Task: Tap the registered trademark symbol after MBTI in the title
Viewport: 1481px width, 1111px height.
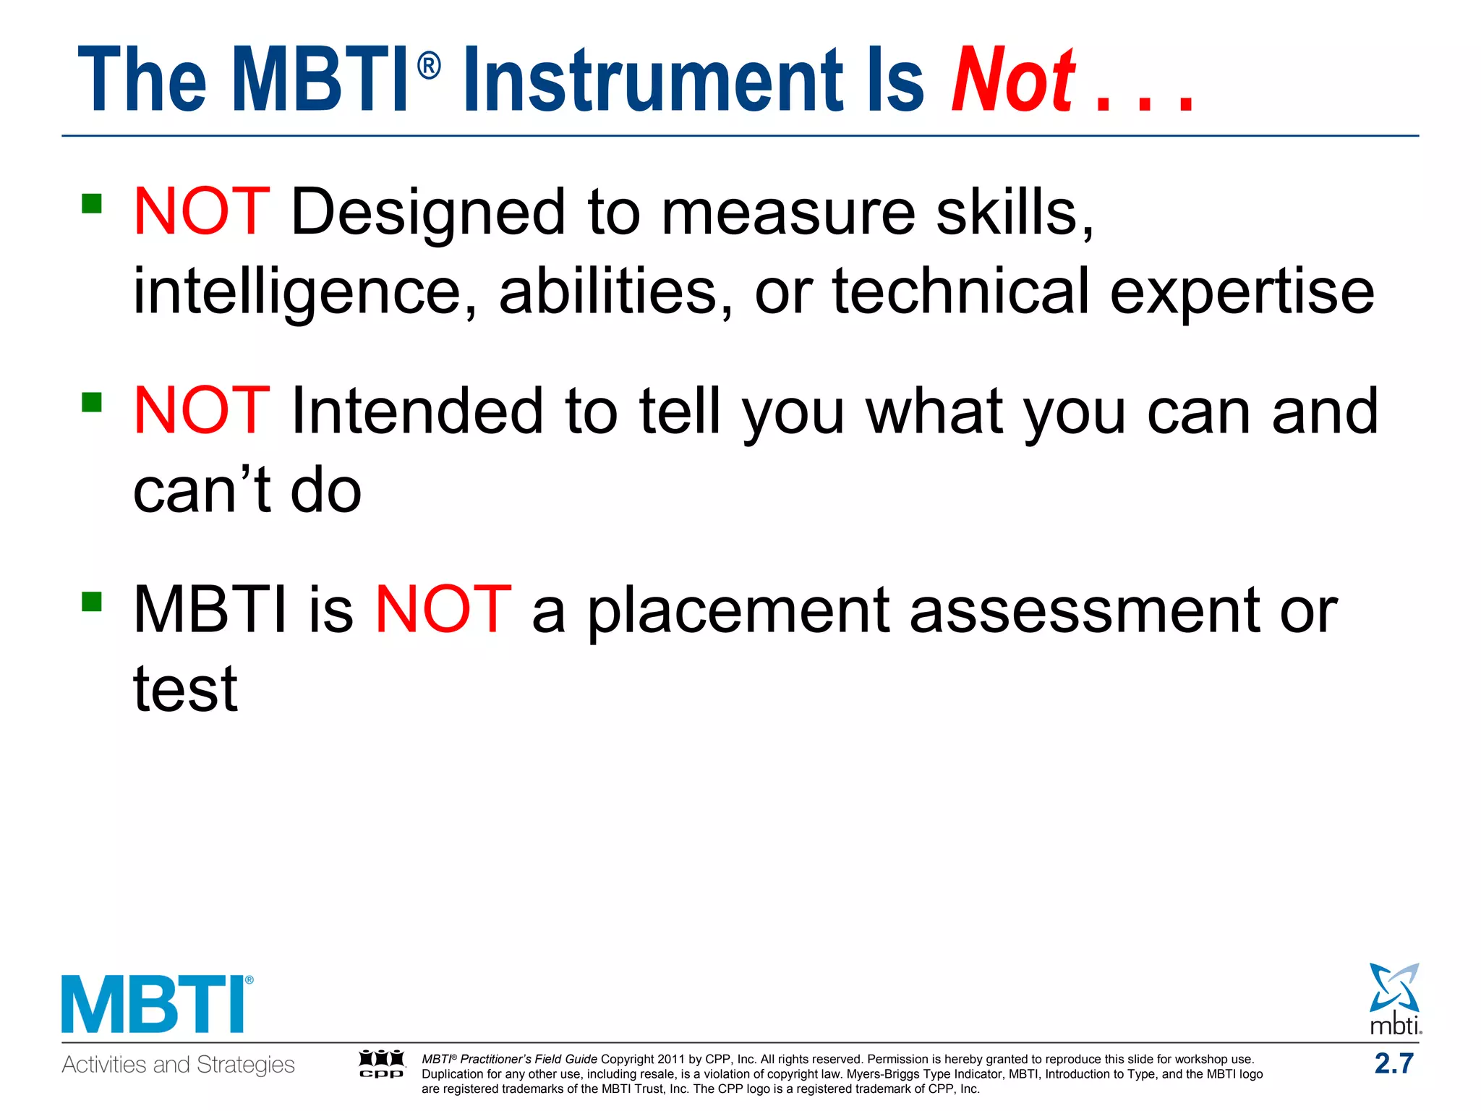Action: coord(429,67)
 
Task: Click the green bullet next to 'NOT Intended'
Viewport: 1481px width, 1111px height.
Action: coord(92,401)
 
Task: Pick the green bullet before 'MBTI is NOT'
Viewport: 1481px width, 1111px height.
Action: coord(92,601)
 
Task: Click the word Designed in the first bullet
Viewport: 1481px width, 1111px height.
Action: coord(427,212)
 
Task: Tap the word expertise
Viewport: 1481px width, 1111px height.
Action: coord(1242,291)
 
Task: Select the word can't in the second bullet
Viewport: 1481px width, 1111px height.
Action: coord(202,490)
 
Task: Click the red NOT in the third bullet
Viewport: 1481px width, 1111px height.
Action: coord(443,610)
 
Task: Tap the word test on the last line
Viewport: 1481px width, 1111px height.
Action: coord(185,689)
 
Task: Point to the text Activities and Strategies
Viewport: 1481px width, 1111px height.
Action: coord(178,1065)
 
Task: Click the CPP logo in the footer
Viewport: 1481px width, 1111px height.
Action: coord(382,1064)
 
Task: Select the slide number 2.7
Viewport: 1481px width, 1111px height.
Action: coord(1393,1063)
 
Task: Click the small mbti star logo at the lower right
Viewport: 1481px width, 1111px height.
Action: coord(1394,998)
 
